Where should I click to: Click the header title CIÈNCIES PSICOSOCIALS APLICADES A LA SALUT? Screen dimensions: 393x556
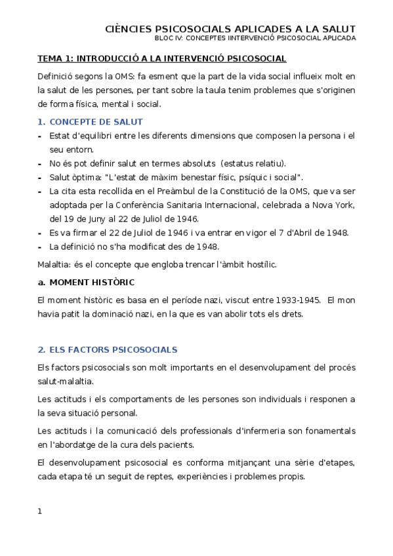tap(230, 29)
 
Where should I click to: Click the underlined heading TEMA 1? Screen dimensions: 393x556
tap(161, 58)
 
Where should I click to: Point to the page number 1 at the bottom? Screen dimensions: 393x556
tap(40, 511)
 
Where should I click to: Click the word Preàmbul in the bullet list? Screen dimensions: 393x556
tap(197, 191)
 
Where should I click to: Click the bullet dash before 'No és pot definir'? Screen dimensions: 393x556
tap(41, 164)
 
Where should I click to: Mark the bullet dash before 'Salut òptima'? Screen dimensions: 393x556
tap(41, 178)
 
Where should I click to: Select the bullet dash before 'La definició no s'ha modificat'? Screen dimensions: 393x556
tap(41, 247)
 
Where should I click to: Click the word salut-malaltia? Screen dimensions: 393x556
tap(65, 381)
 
